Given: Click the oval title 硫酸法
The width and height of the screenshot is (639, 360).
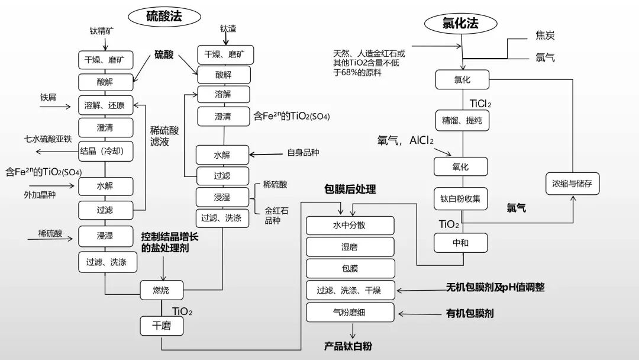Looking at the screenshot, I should click(x=164, y=16).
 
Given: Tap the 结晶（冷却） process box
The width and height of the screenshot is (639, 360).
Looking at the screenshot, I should click(x=105, y=151).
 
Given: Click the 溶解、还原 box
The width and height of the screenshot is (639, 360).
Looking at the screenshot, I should click(x=105, y=105).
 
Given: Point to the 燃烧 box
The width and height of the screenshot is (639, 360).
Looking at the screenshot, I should click(x=162, y=290).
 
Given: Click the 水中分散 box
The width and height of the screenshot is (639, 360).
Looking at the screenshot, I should click(x=350, y=226).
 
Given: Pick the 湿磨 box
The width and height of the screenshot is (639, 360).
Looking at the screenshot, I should click(x=350, y=247).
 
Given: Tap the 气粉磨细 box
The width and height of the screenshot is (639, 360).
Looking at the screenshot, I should click(x=350, y=312).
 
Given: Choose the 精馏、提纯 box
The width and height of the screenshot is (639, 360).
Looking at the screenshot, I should click(x=461, y=120).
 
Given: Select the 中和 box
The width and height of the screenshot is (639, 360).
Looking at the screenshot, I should click(x=461, y=243).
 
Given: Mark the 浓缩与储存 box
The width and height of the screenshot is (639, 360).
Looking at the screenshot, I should click(x=572, y=184).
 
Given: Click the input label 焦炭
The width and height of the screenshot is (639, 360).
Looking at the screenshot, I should click(x=545, y=36).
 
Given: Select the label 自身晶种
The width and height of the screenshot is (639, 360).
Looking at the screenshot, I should click(x=303, y=153).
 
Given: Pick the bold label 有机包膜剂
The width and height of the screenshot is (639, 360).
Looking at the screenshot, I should click(x=469, y=313).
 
